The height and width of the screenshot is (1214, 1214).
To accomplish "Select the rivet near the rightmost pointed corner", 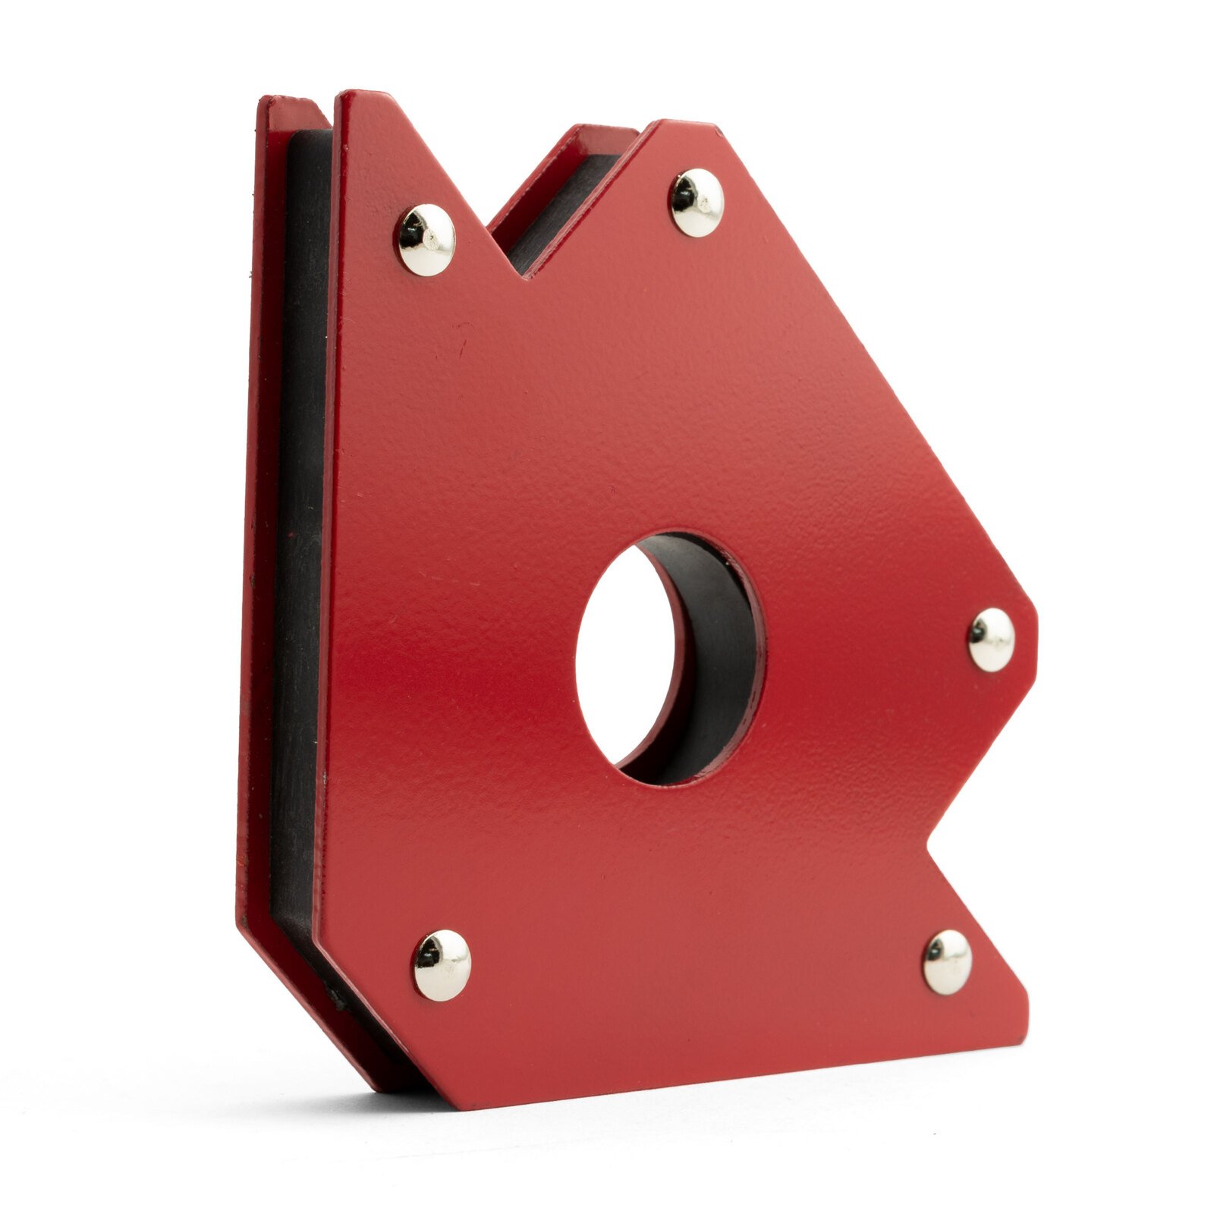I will [991, 640].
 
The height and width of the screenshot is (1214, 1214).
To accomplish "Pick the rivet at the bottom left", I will [441, 965].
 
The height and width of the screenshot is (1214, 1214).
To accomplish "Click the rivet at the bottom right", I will [947, 961].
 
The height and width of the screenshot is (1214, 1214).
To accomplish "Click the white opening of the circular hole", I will [622, 653].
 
